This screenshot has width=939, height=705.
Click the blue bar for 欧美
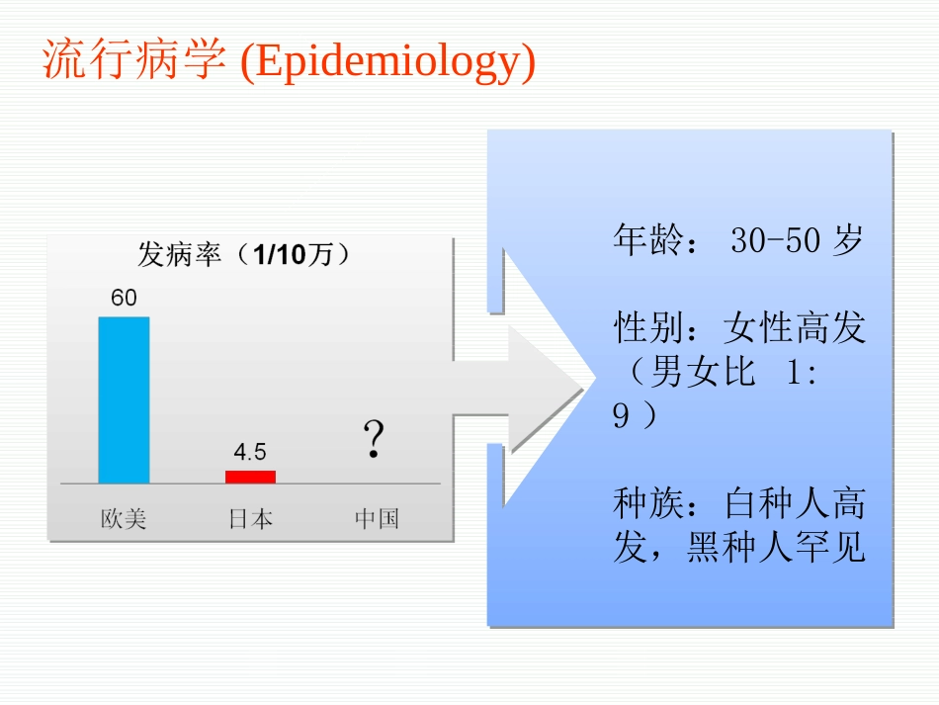pyautogui.click(x=124, y=399)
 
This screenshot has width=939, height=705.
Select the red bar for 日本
pyautogui.click(x=250, y=477)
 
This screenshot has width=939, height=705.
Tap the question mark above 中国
pyautogui.click(x=373, y=439)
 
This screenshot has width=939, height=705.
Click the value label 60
pyautogui.click(x=124, y=298)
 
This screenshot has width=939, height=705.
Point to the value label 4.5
pyautogui.click(x=250, y=452)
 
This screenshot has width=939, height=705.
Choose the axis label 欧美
pyautogui.click(x=124, y=518)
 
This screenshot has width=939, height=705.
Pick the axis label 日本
pyautogui.click(x=250, y=518)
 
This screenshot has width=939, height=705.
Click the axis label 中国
pyautogui.click(x=377, y=518)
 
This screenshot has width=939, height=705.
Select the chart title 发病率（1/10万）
pyautogui.click(x=244, y=255)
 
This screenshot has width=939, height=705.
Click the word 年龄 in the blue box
pyautogui.click(x=648, y=240)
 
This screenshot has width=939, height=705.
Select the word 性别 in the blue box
pyautogui.click(x=648, y=327)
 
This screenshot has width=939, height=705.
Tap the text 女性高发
pyautogui.click(x=794, y=327)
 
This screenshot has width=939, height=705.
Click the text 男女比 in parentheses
pyautogui.click(x=704, y=372)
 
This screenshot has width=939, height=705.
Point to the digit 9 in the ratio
pyautogui.click(x=621, y=416)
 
